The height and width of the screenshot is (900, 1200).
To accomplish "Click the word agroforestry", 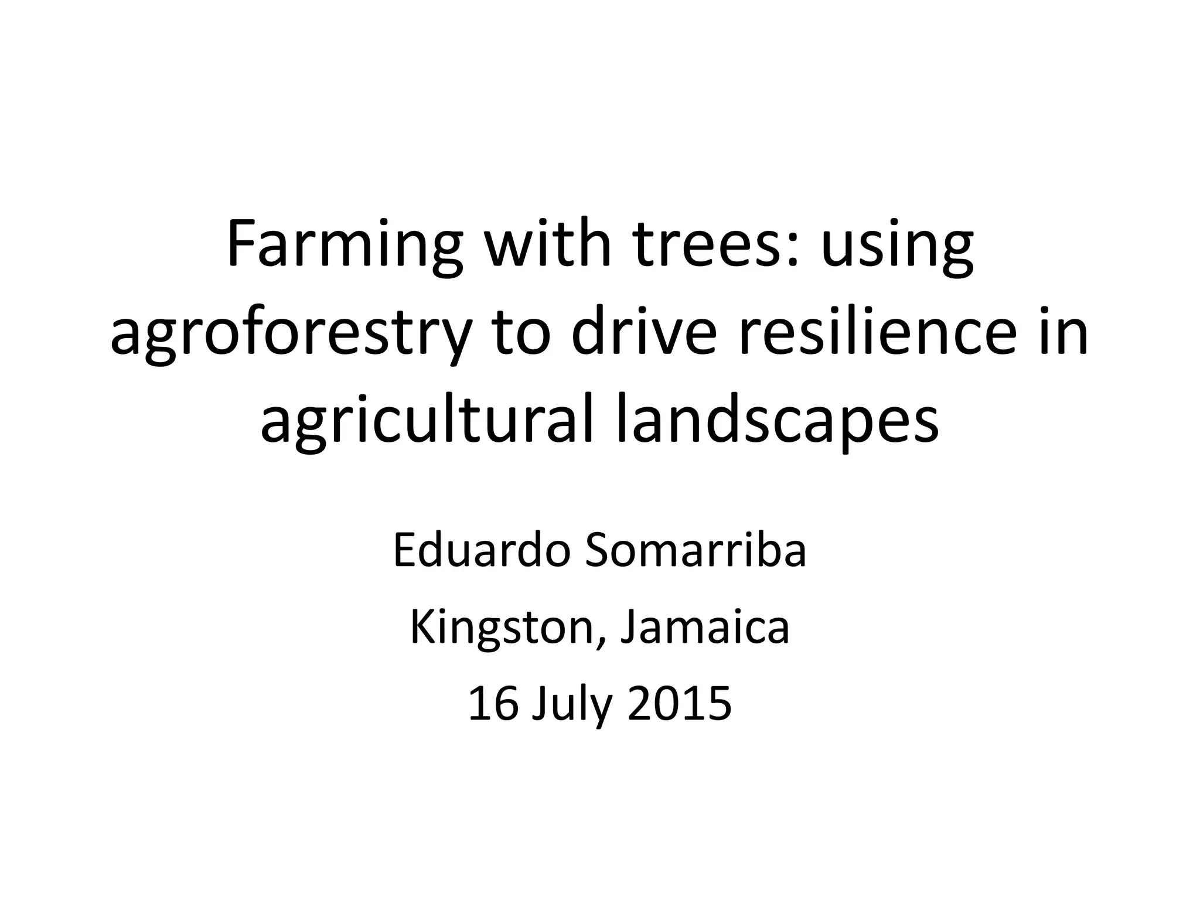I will [291, 335].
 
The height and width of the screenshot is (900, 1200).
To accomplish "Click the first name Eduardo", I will [481, 551].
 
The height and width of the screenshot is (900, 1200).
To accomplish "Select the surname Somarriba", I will [696, 551].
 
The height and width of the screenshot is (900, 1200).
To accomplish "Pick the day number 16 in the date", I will [493, 704].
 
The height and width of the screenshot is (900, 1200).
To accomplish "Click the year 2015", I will [680, 704].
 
